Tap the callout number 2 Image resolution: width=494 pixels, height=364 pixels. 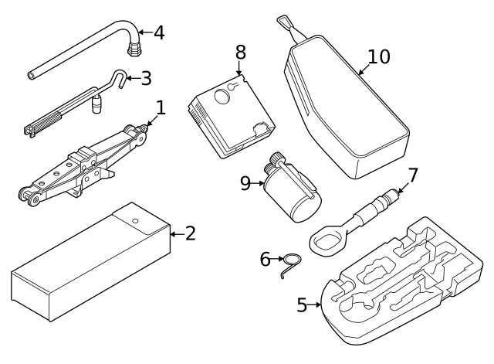point(189,233)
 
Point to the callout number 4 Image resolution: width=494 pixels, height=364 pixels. point(158,32)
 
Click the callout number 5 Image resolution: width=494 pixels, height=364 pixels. point(303,304)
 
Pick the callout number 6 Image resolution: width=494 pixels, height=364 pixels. point(266,259)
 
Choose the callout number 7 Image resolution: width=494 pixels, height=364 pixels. point(412,175)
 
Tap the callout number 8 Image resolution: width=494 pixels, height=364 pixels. point(241,52)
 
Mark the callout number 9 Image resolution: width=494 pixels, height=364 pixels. point(245,183)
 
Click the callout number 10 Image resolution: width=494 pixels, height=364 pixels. point(379,57)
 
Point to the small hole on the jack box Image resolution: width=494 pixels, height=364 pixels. point(135,221)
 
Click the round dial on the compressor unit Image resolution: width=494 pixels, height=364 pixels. point(222,95)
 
